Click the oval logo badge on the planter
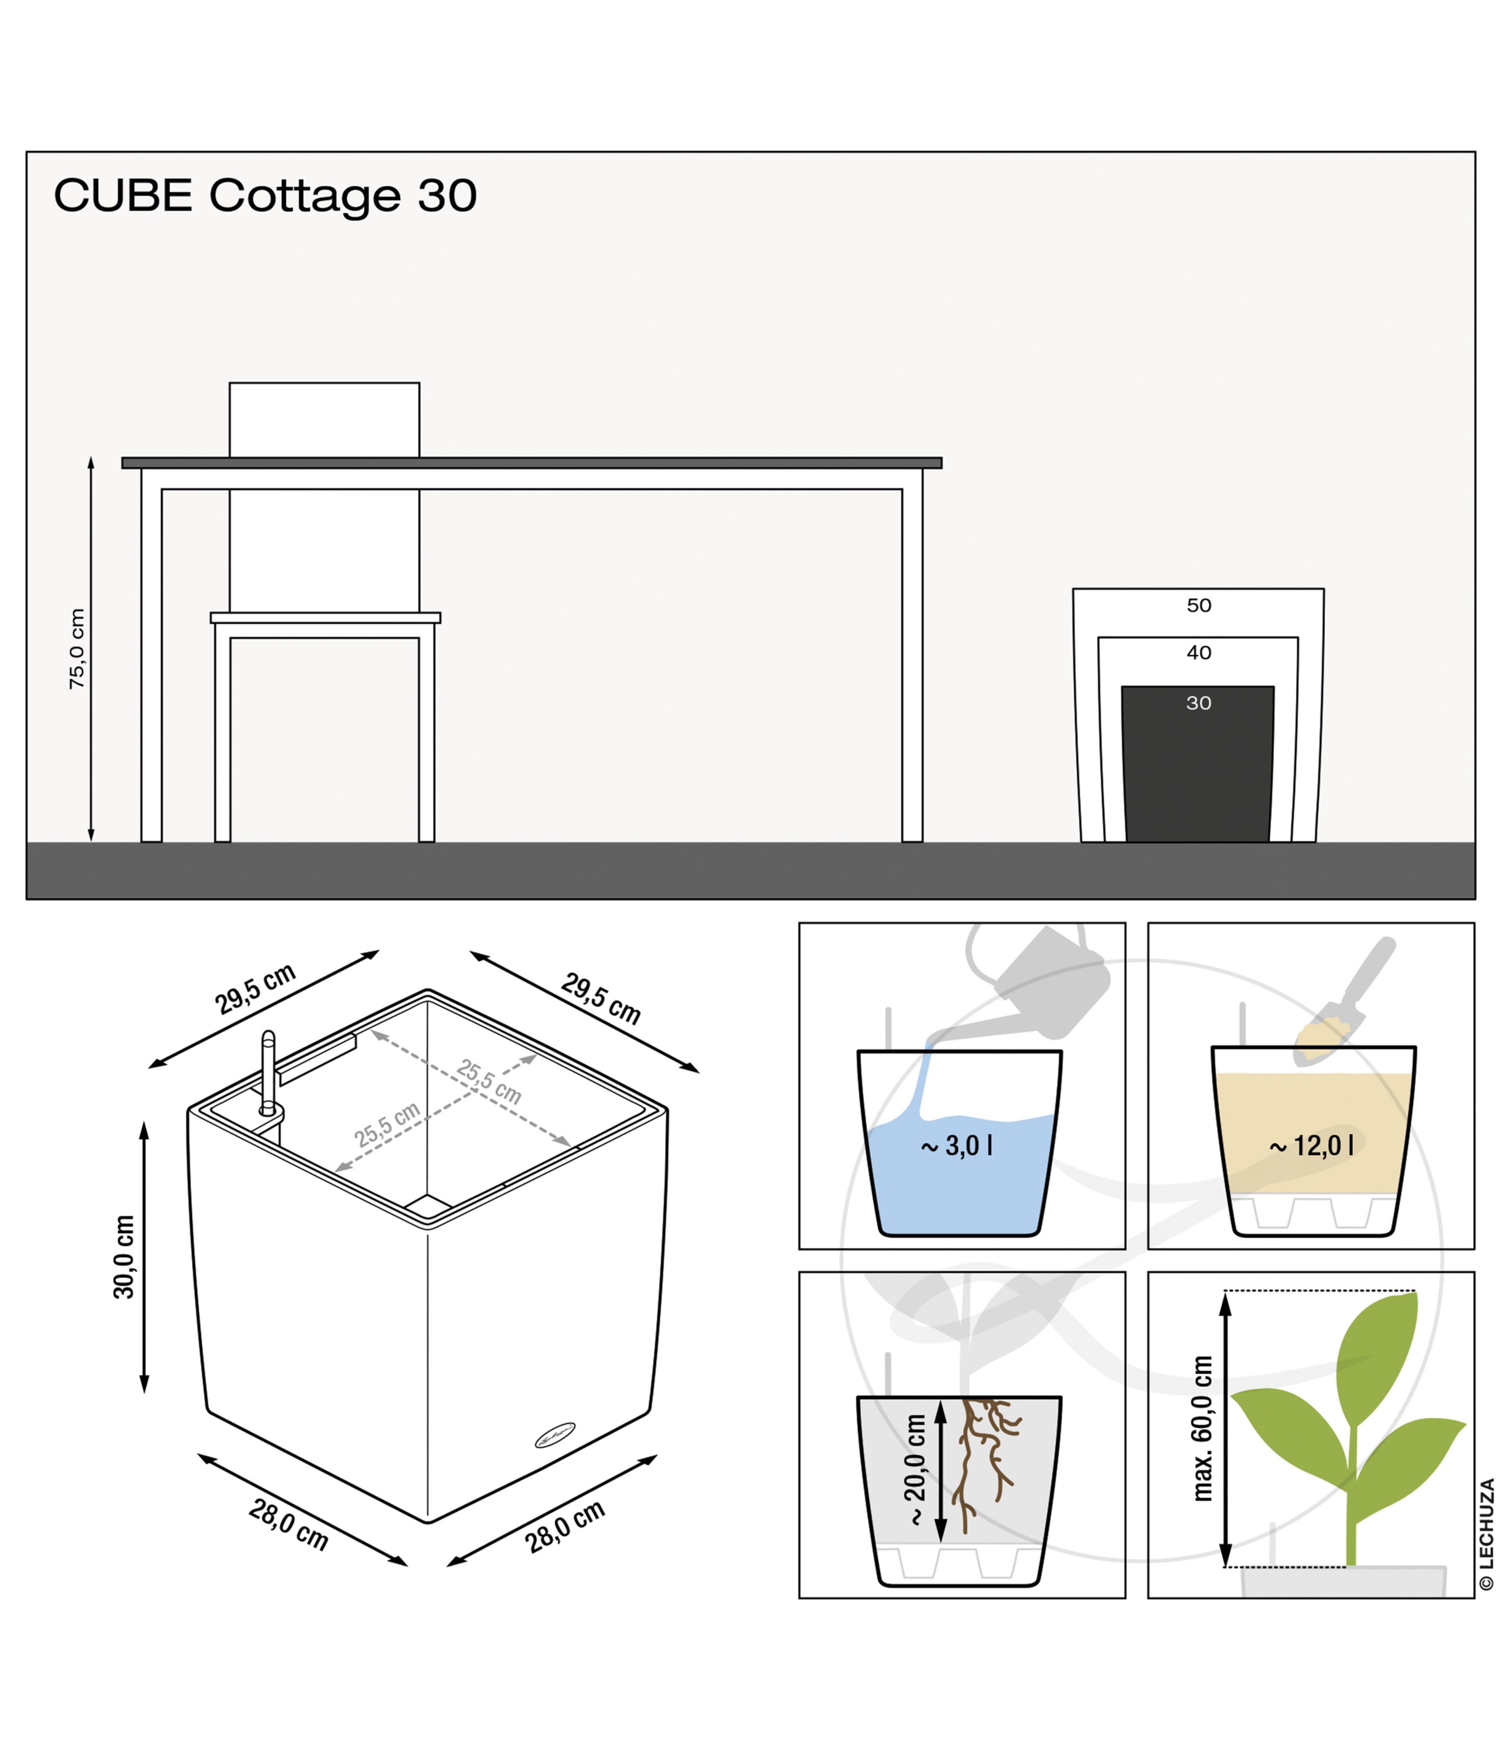click(555, 1435)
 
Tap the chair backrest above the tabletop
click(324, 419)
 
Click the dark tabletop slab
click(531, 463)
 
